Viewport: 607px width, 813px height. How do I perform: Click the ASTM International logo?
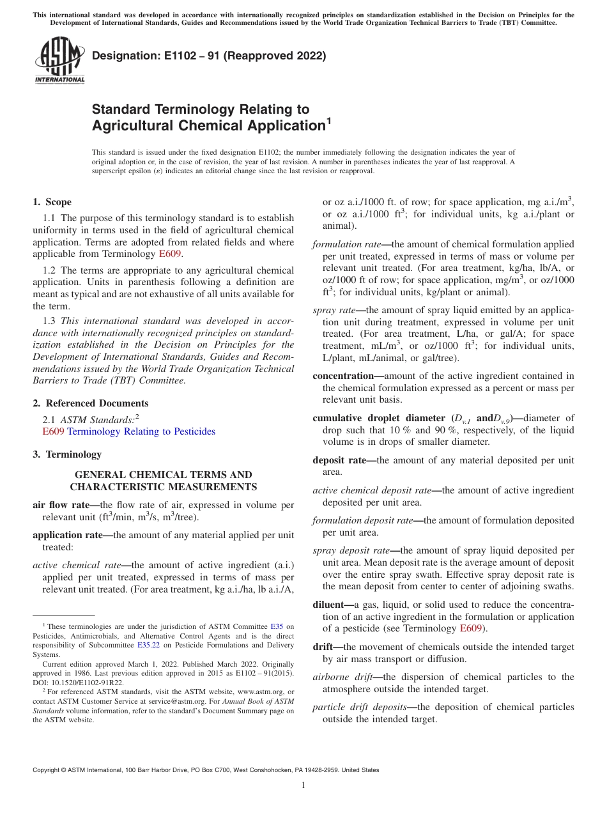coord(59,61)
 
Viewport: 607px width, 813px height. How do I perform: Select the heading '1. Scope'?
coord(52,202)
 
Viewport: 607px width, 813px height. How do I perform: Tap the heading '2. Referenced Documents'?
coord(91,403)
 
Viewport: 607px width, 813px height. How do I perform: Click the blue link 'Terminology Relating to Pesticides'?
coord(141,431)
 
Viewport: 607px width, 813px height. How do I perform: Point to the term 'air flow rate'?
coord(61,505)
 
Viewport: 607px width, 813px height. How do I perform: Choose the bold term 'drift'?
coord(323,647)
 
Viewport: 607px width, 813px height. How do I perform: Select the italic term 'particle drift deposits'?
coord(359,707)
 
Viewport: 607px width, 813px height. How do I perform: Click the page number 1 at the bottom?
coord(303,786)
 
